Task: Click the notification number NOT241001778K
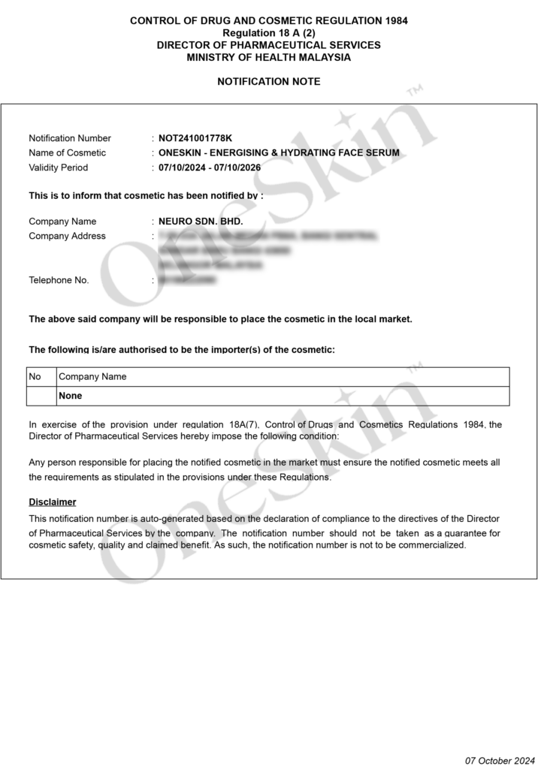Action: coord(195,138)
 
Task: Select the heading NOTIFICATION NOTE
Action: coord(268,81)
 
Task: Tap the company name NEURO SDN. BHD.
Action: coord(201,222)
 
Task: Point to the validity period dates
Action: coord(210,167)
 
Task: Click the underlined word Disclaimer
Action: coord(53,502)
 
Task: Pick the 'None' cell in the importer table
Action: coord(71,396)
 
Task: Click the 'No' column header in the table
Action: coord(35,376)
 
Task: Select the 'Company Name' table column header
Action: coord(92,376)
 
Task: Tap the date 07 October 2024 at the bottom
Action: coord(500,761)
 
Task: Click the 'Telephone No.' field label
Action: coord(59,280)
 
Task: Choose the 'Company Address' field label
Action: coord(67,236)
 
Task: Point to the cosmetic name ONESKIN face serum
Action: coord(279,152)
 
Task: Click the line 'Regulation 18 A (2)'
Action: coord(268,33)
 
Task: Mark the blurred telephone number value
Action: coord(187,280)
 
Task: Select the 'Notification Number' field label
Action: coord(70,138)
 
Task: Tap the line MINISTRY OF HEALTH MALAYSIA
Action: coord(268,57)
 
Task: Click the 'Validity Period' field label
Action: coord(58,167)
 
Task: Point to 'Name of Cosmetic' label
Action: coord(67,152)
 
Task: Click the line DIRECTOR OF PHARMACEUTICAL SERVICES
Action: coord(268,45)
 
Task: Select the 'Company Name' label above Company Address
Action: coord(62,222)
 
